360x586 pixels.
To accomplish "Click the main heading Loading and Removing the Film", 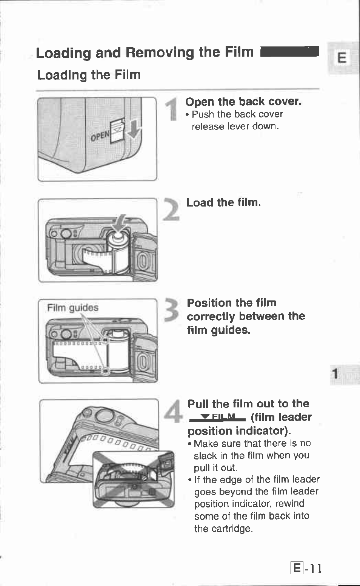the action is coord(145,52).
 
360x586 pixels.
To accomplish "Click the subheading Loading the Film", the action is coord(89,75).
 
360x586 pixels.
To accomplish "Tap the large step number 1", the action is coord(173,109).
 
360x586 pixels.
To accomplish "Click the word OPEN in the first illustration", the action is coord(100,136).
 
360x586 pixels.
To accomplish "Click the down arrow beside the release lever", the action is coord(134,130).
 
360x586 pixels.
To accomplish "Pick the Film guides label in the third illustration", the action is coord(72,308).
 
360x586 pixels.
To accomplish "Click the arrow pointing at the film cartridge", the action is coord(121,224).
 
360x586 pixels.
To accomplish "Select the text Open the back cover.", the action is coord(243,102).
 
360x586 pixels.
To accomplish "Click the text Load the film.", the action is coord(223,203).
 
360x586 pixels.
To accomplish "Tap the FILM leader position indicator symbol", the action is coord(218,417).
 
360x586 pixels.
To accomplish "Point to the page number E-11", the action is coord(306,568).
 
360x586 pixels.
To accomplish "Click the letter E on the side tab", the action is coord(342,58).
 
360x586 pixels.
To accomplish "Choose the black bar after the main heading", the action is coord(290,52).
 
